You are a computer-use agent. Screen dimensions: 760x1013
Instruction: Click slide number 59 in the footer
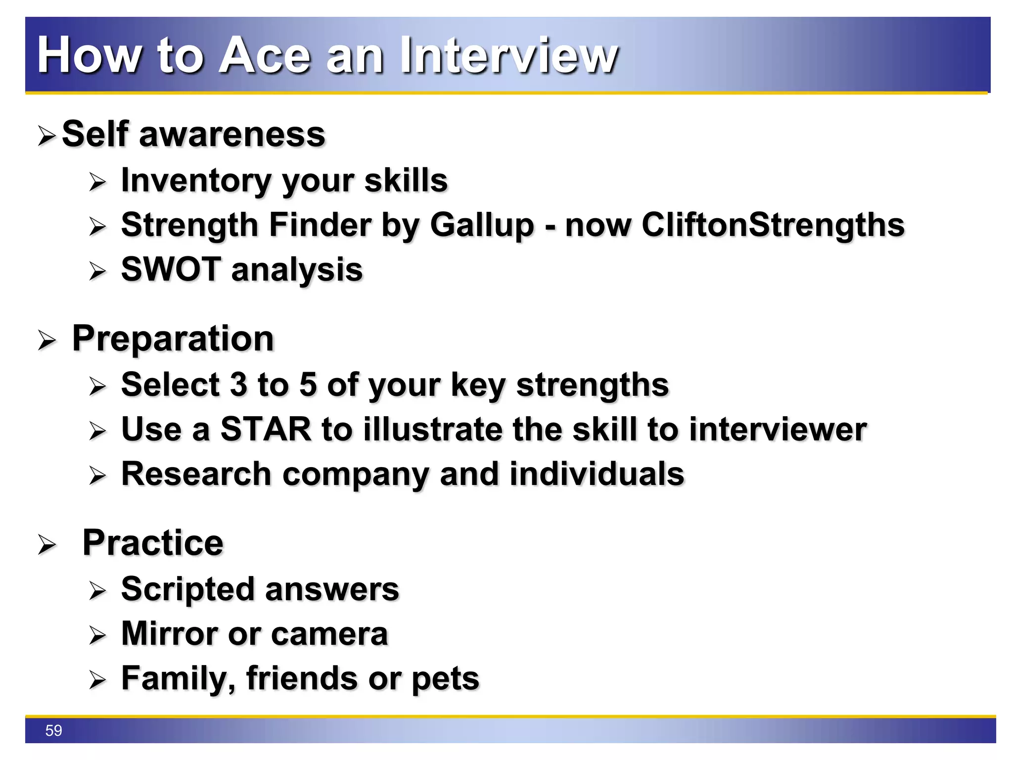tap(53, 730)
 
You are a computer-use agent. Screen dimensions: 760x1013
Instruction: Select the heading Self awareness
tap(193, 135)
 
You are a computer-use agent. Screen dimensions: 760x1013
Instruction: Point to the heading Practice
tap(153, 543)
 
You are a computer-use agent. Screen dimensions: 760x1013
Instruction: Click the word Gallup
tap(482, 226)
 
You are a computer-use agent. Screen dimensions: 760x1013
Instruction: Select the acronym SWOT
tap(171, 270)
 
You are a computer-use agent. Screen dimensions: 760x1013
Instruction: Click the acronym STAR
tap(266, 429)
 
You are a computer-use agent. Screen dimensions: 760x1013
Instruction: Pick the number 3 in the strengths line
tap(238, 385)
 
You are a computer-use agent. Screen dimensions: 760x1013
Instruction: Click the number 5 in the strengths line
tap(308, 385)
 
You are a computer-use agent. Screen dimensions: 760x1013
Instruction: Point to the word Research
tap(196, 474)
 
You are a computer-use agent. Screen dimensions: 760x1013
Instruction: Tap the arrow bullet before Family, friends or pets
tap(97, 680)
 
